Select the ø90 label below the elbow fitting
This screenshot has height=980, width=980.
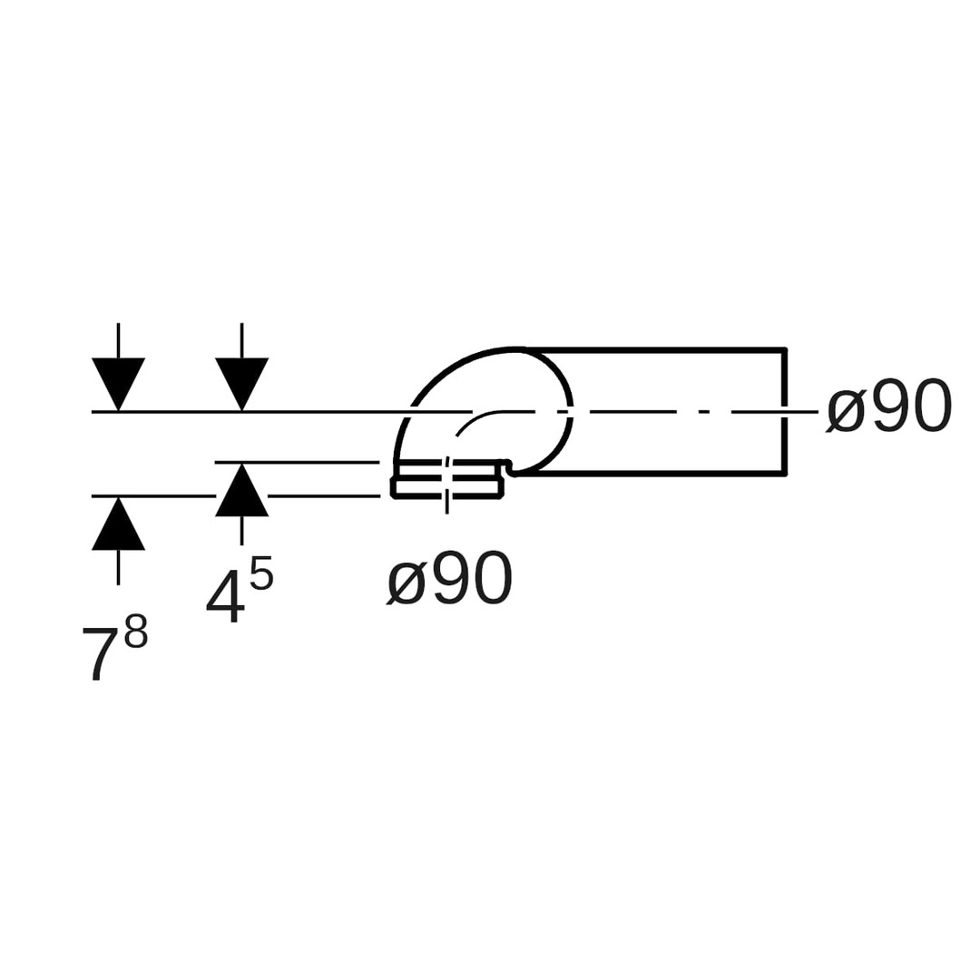point(450,580)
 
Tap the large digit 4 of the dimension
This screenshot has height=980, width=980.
point(225,596)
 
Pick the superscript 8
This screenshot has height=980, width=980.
point(136,632)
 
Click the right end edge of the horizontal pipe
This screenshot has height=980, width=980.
point(784,410)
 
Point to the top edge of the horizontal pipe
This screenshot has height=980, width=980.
point(653,349)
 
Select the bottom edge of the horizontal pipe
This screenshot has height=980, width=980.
point(653,473)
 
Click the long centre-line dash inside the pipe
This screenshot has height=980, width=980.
point(632,412)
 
